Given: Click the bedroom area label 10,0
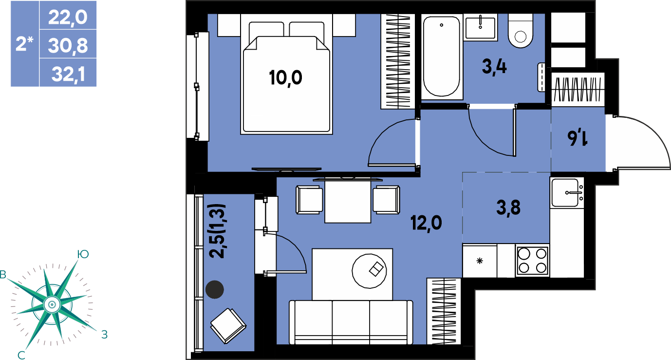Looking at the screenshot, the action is [285, 78].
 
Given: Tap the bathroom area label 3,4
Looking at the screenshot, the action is [494, 67].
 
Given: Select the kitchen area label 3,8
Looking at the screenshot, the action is [508, 208].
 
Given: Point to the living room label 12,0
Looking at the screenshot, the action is [426, 223].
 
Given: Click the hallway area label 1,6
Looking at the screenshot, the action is [578, 137].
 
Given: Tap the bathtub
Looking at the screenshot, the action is [442, 57].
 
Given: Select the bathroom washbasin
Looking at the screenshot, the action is [480, 27].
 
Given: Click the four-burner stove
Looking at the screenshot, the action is [532, 260].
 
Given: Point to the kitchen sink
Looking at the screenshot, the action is [567, 192].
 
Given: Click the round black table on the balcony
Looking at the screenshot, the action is [214, 289].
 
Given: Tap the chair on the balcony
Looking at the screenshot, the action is [228, 325].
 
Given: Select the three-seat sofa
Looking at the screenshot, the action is [351, 322].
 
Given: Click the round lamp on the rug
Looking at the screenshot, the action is [369, 271].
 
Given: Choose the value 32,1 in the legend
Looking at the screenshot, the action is [68, 74].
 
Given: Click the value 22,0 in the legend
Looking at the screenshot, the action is [68, 17].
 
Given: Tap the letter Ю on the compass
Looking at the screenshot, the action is [83, 254].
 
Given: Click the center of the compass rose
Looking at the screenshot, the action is [52, 305].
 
